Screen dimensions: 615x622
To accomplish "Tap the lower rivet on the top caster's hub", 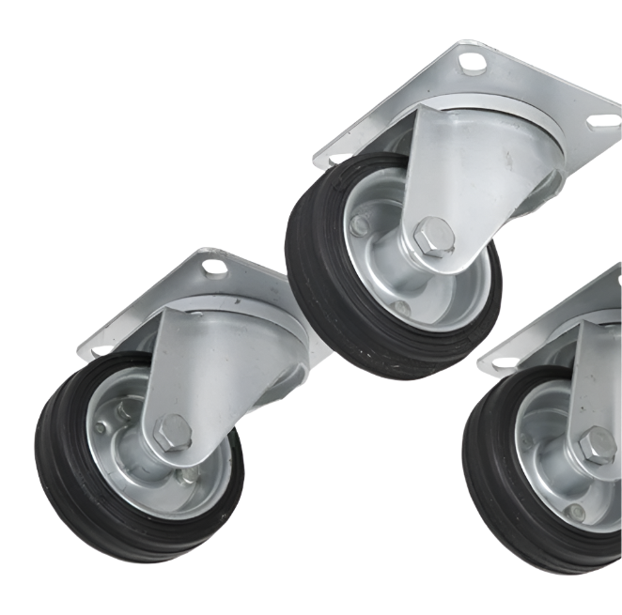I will point(401,307).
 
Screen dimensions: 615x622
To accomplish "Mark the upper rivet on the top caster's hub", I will point(359,224).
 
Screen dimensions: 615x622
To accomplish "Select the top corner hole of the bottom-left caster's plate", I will point(214,268).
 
